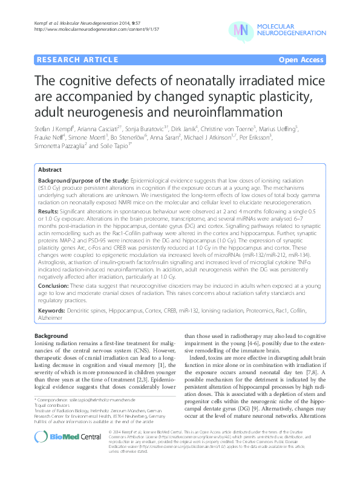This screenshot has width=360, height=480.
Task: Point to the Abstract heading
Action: point(51,170)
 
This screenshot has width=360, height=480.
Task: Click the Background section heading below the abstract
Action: point(50,335)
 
